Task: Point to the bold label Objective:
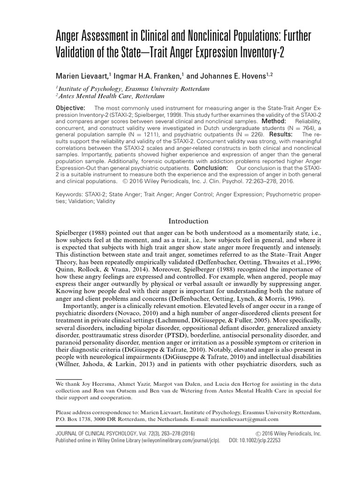(x=71, y=108)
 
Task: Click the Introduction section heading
(x=188, y=221)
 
